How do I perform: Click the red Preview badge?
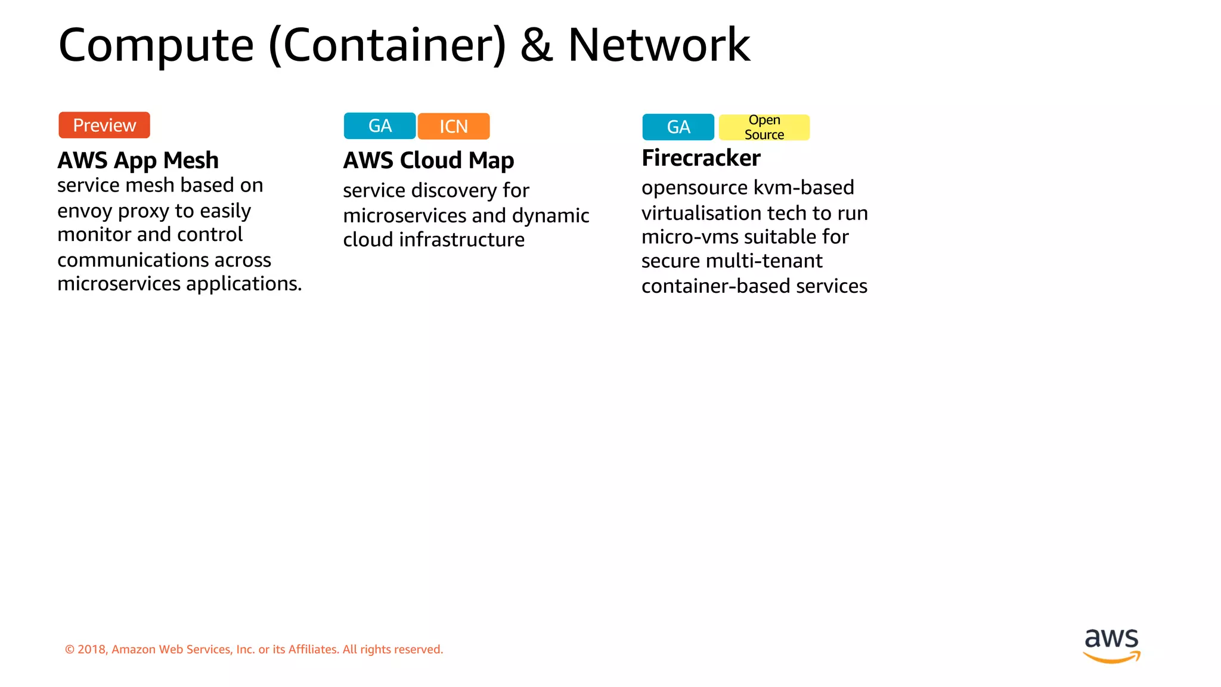pos(104,125)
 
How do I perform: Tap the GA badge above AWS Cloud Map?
pos(380,126)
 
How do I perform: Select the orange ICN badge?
pos(454,126)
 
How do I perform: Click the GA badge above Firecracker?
pos(678,127)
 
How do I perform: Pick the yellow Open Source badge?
pos(764,128)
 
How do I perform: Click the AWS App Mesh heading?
pos(138,160)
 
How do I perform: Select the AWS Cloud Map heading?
pos(428,160)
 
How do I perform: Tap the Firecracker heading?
pos(701,158)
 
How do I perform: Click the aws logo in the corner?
pos(1111,645)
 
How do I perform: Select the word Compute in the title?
pos(156,46)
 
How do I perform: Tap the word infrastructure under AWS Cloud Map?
pos(461,240)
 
